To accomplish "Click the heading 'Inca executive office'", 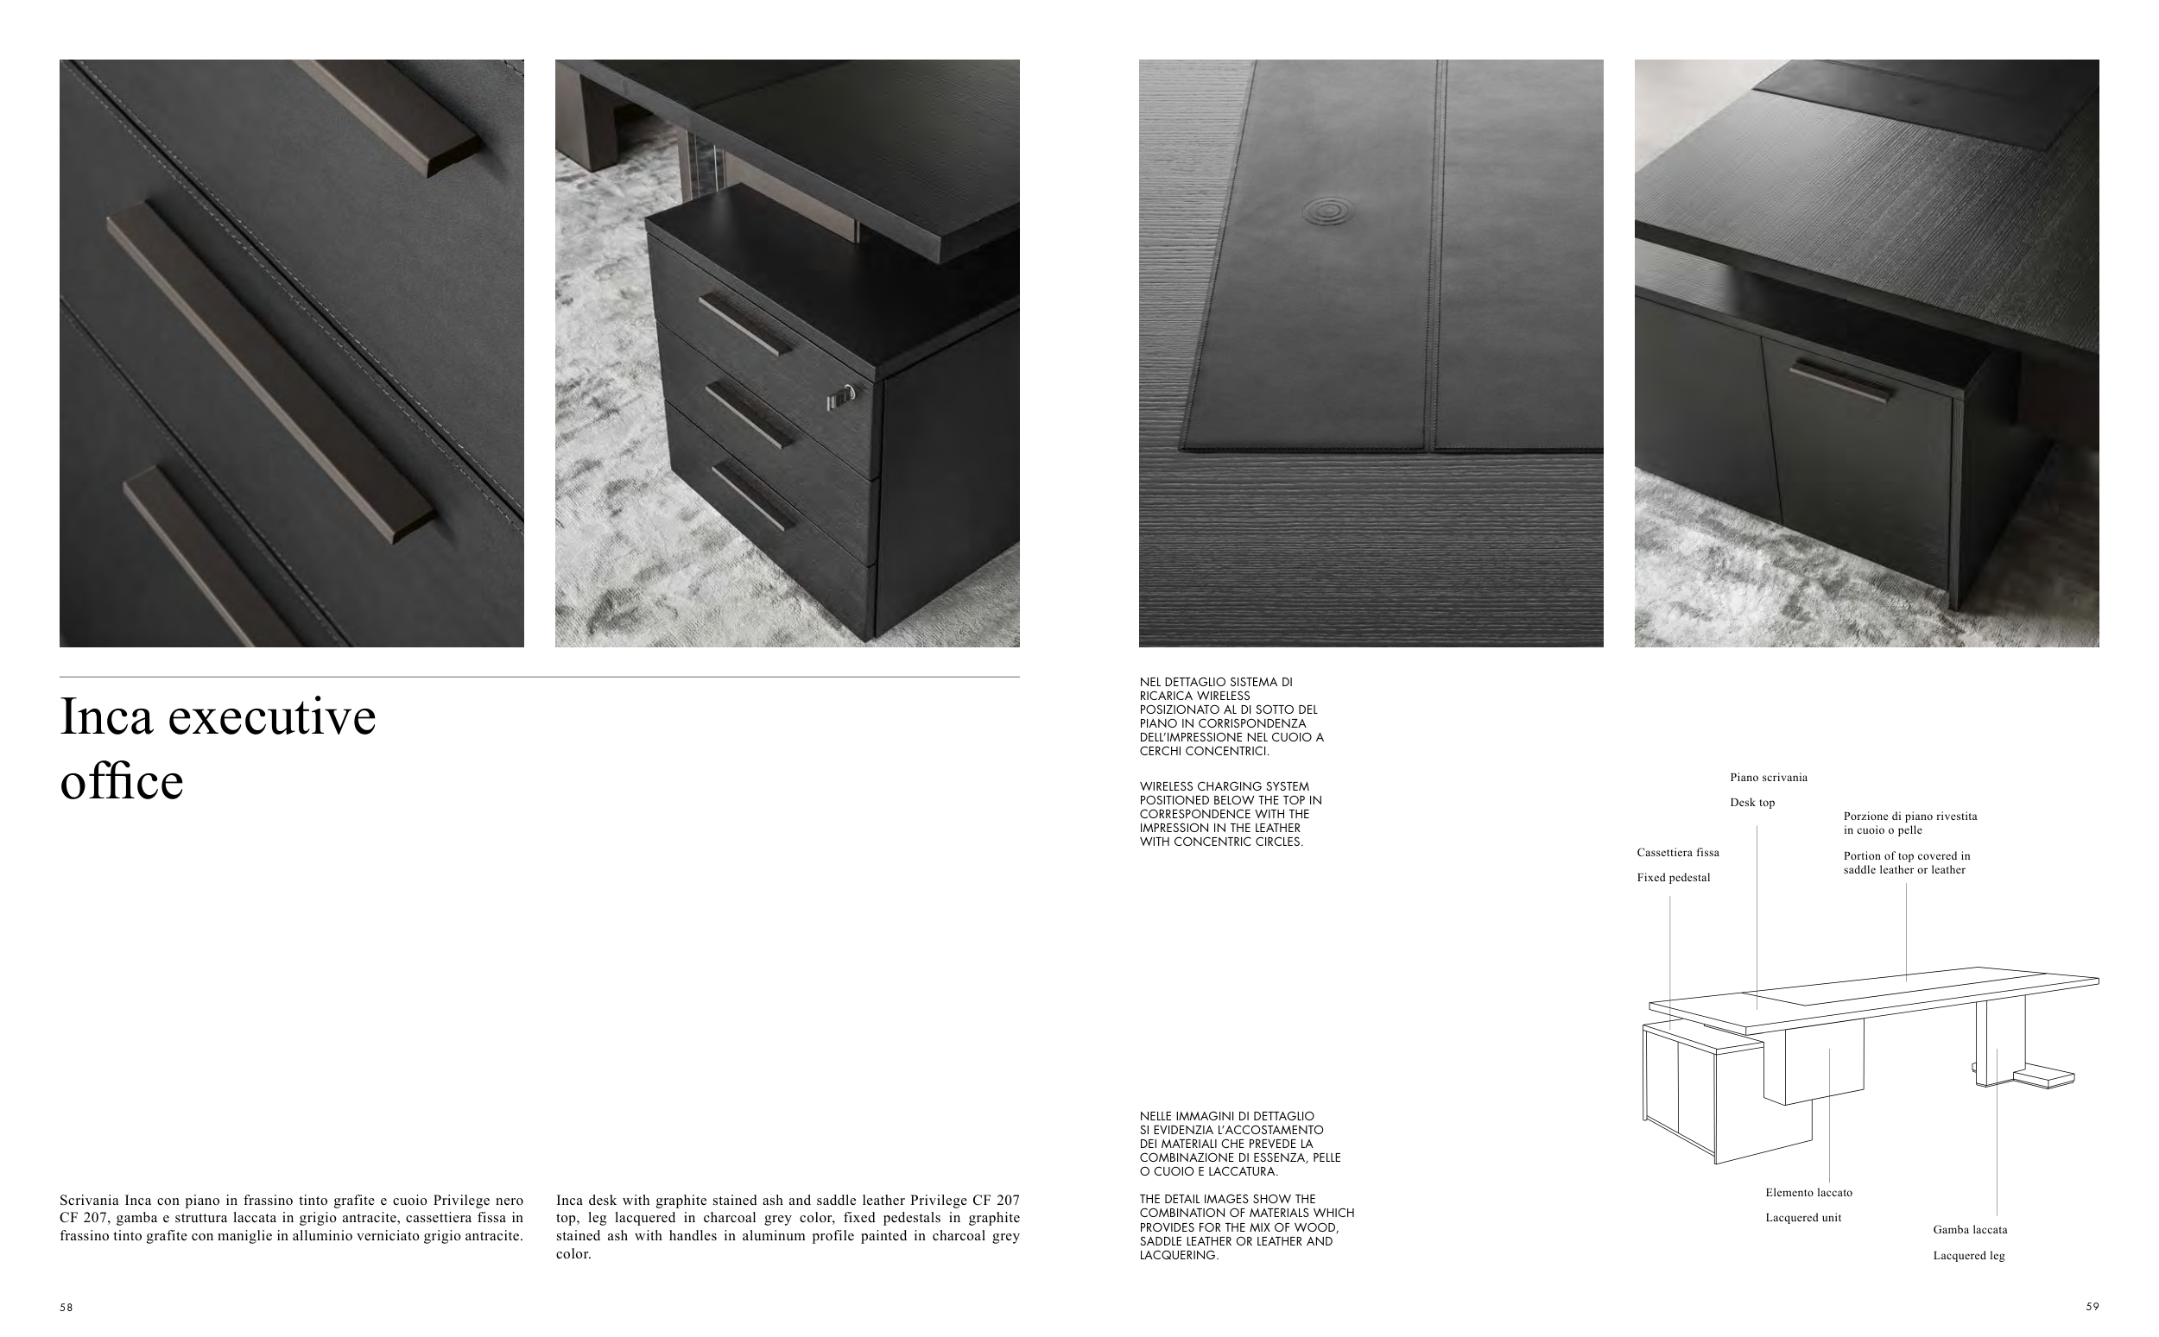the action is coord(218,748).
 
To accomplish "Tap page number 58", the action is coord(66,1307).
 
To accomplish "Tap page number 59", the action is coord(2092,1306).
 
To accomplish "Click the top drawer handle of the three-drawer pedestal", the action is coord(744,325).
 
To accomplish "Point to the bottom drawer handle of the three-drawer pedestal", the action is coord(753,496).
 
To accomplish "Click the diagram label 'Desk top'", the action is coord(1752,803).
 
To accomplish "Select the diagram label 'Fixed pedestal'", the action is coord(1674,878).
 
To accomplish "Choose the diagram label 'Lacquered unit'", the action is coord(1803,1218).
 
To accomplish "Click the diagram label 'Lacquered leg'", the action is coord(1969,1256).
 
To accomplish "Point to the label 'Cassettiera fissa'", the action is coord(1678,853).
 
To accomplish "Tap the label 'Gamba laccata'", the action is coord(1970,1230).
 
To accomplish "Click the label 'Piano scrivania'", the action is coord(1769,778).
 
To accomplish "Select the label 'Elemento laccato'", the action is coord(1808,1193).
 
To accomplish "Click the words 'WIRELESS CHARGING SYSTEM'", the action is coord(1224,786).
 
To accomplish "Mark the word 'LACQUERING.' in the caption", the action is coord(1179,1255).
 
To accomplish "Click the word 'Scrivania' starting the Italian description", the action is coord(87,1200).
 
